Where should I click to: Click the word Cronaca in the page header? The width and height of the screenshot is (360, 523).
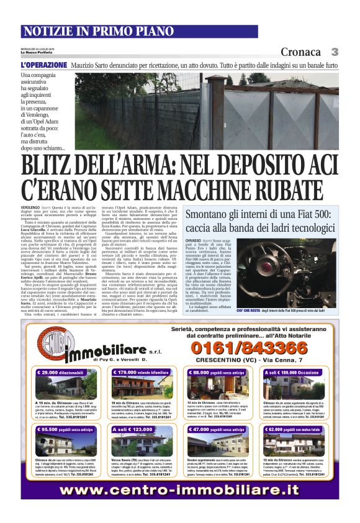300,52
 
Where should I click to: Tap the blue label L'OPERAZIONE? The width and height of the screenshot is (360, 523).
43,65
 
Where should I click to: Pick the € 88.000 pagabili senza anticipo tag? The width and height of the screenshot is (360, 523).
222,372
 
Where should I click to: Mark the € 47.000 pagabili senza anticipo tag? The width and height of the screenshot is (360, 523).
222,429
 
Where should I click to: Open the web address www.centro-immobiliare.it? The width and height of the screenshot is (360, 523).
179,489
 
